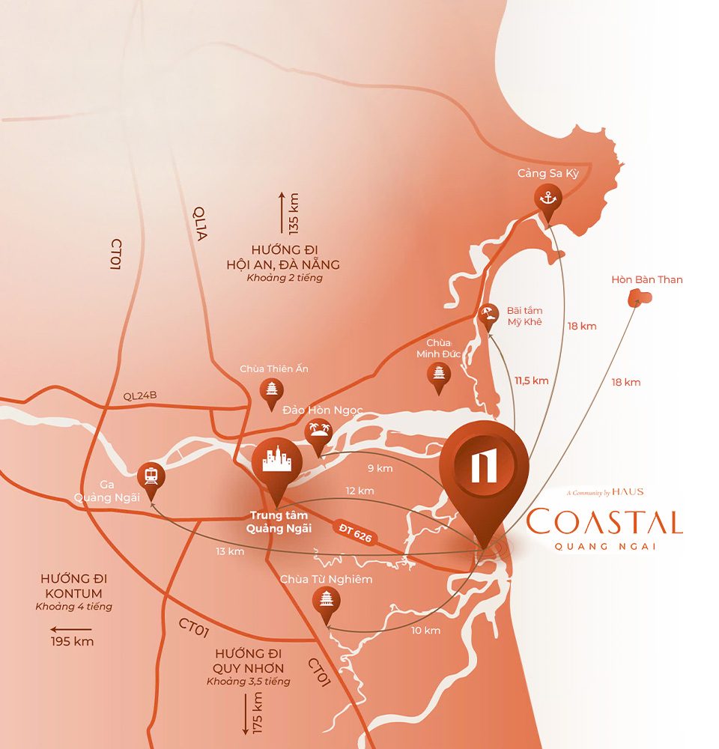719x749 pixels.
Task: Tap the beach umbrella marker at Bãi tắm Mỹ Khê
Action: tap(488, 315)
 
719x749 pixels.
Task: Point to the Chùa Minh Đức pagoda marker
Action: tap(438, 374)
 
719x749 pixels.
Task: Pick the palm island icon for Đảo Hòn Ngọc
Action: tap(318, 432)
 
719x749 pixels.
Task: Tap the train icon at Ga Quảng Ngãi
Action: tap(152, 475)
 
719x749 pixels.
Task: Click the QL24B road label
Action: tap(140, 396)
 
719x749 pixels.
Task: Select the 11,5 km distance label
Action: tap(531, 380)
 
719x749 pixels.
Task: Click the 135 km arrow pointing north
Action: tap(282, 213)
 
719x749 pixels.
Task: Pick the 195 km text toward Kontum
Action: tap(72, 642)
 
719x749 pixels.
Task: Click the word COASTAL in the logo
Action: tap(604, 521)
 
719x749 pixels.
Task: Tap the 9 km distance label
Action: tap(380, 469)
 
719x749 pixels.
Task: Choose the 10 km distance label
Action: tap(425, 631)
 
